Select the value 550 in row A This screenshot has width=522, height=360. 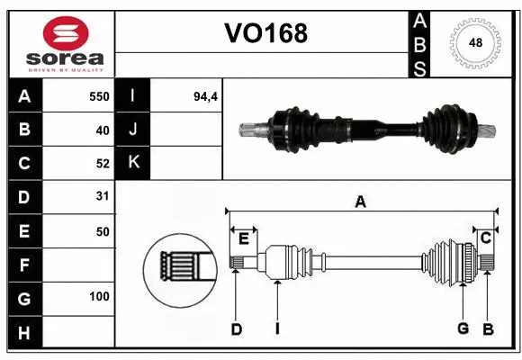pyautogui.click(x=98, y=96)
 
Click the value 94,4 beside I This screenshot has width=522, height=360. pyautogui.click(x=206, y=96)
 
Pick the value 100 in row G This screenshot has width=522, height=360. pyautogui.click(x=98, y=296)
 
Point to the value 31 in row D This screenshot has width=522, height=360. pyautogui.click(x=102, y=195)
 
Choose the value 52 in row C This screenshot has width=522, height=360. pyautogui.click(x=102, y=163)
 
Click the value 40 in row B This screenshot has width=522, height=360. pyautogui.click(x=102, y=130)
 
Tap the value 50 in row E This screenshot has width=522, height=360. pyautogui.click(x=102, y=231)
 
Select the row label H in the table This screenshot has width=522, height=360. pyautogui.click(x=23, y=332)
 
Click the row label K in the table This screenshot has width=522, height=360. pyautogui.click(x=133, y=162)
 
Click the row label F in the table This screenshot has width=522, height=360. pyautogui.click(x=23, y=265)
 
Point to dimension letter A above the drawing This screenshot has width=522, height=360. pyautogui.click(x=360, y=202)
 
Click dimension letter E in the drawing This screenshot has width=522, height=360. pyautogui.click(x=243, y=238)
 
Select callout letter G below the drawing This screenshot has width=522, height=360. pyautogui.click(x=463, y=328)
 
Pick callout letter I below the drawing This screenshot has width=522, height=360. pyautogui.click(x=277, y=329)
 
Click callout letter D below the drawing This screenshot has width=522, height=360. pyautogui.click(x=237, y=329)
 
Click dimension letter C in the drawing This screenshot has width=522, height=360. pyautogui.click(x=485, y=238)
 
